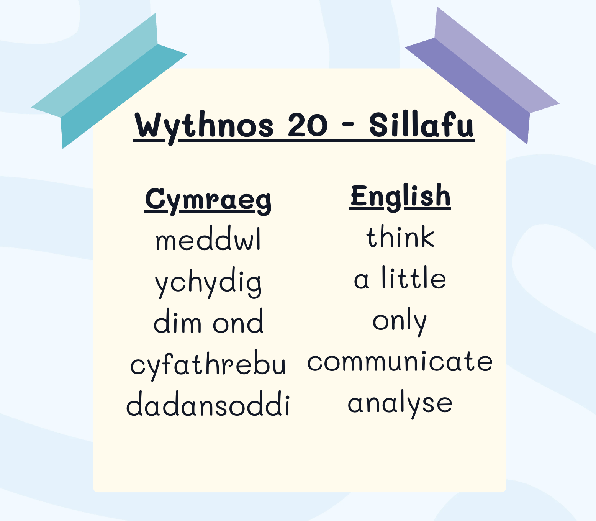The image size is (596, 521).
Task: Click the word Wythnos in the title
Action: [204, 127]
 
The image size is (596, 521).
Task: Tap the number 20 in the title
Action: [308, 125]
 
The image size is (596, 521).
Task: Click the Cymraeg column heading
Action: [208, 201]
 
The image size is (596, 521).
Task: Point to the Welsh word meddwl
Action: [208, 239]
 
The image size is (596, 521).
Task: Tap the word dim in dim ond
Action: [177, 321]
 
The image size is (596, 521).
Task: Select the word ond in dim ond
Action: [238, 321]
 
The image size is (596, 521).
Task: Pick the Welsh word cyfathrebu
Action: [208, 365]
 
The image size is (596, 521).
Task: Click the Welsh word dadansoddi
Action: [208, 403]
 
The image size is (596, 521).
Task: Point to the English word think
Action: [400, 236]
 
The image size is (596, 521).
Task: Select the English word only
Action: [400, 322]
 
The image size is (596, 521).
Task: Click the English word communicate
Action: [400, 361]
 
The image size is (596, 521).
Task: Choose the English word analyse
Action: [400, 404]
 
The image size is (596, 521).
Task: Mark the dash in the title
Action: [347, 125]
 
